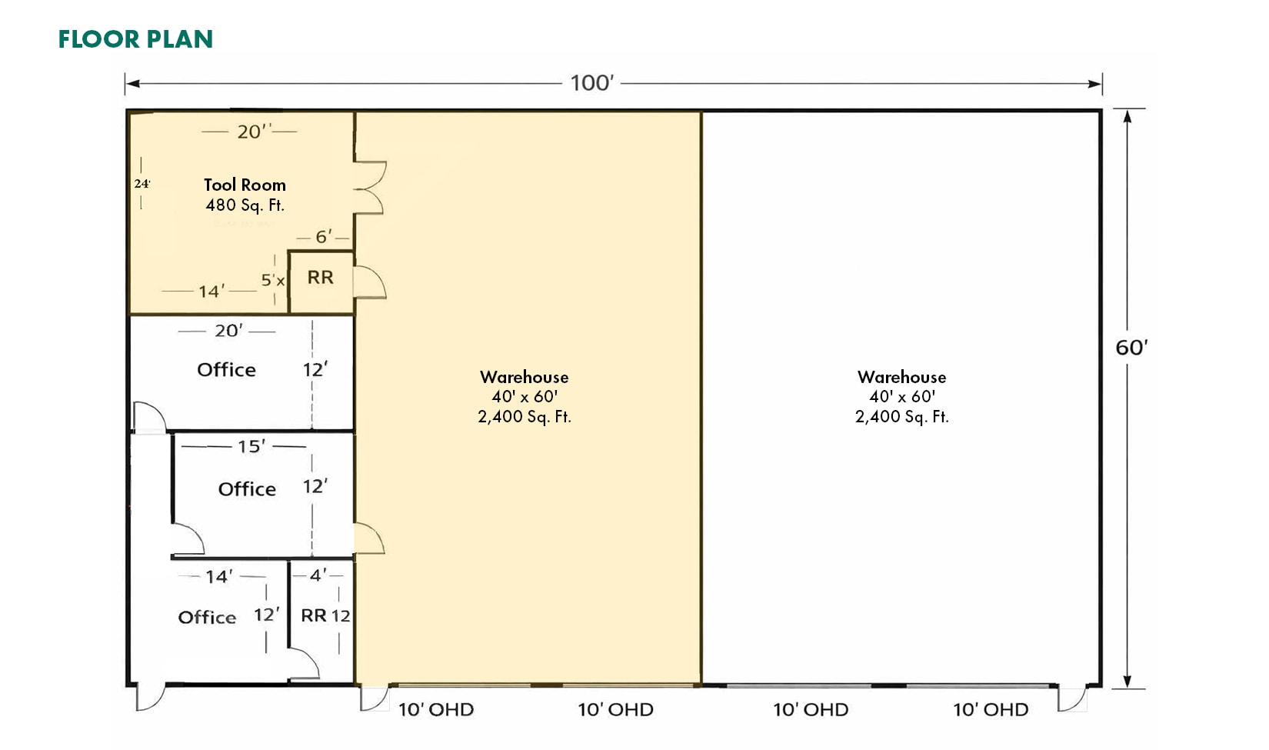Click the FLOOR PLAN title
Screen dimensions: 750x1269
coord(135,39)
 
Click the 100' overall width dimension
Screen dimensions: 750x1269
coord(591,83)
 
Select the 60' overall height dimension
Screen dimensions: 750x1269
coord(1131,348)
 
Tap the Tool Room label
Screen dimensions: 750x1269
coord(245,185)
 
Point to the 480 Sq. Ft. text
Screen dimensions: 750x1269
coord(245,205)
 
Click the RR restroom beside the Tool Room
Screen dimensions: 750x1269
coord(321,278)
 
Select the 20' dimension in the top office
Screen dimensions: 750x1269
coord(228,331)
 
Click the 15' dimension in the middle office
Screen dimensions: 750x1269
coord(251,446)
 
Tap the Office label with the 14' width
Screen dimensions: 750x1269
coord(207,618)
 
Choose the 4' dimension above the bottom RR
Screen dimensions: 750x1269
coord(318,575)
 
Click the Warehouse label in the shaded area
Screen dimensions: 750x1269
coord(525,377)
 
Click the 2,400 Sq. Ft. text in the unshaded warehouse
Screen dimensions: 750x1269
coord(901,417)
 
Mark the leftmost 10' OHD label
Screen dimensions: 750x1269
coord(435,710)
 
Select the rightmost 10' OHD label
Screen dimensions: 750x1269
coord(991,710)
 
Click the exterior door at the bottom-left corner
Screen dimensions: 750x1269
coord(149,697)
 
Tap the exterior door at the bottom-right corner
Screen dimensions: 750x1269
coord(1071,697)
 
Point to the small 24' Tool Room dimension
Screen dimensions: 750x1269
coord(142,184)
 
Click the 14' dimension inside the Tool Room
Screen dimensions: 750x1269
coord(209,292)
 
